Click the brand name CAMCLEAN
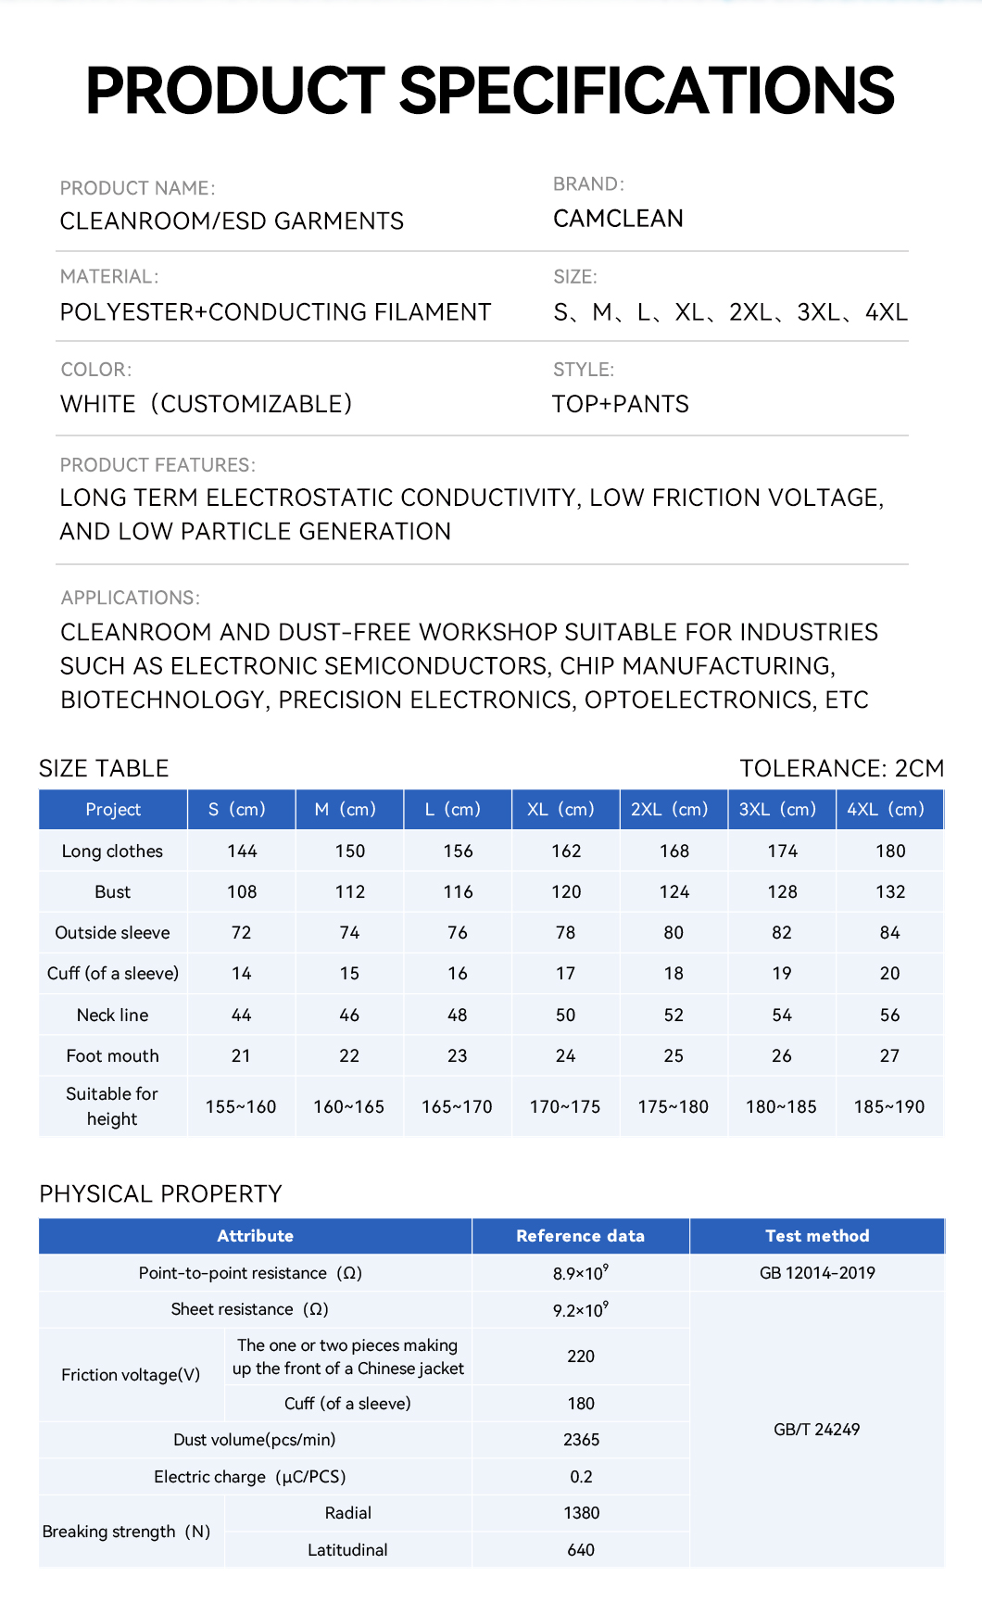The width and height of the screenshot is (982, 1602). [x=618, y=219]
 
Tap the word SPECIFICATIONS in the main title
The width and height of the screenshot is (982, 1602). [x=647, y=91]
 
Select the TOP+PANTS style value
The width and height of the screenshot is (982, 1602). [x=621, y=404]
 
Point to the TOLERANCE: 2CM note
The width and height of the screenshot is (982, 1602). [x=841, y=768]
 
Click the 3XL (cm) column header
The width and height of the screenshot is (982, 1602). [x=781, y=809]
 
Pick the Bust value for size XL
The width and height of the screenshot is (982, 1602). [x=566, y=891]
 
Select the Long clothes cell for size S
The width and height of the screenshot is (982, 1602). [x=242, y=851]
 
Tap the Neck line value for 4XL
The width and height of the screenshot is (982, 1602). [x=889, y=1015]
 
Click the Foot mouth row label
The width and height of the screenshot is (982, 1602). [x=112, y=1055]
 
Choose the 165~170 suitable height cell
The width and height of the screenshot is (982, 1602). [x=457, y=1106]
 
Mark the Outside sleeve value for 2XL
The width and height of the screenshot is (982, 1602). [x=674, y=932]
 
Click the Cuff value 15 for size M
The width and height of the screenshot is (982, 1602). [x=349, y=973]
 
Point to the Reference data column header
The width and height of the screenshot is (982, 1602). [x=580, y=1236]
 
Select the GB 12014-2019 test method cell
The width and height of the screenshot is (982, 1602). [x=817, y=1273]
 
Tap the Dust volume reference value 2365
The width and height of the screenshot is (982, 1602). [x=581, y=1440]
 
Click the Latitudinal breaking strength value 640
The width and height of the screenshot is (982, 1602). [x=581, y=1550]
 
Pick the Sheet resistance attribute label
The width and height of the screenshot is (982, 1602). [x=249, y=1309]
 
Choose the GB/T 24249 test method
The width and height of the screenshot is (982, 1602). [x=817, y=1430]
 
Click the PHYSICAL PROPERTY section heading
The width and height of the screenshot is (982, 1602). [x=160, y=1193]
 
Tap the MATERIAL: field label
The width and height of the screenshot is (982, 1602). [x=109, y=277]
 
